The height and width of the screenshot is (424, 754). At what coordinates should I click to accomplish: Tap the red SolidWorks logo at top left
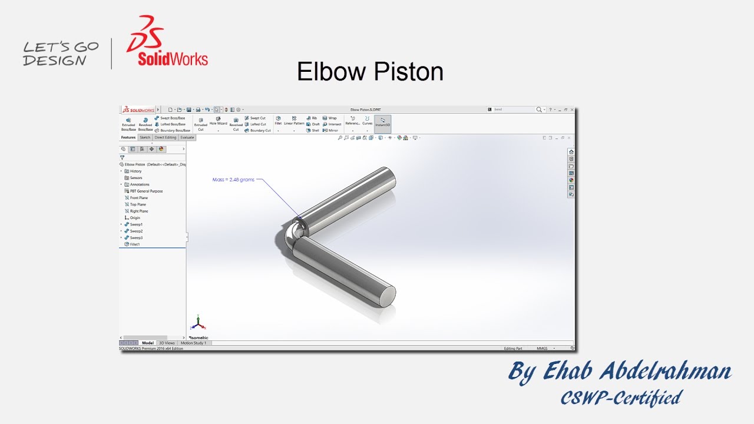click(167, 41)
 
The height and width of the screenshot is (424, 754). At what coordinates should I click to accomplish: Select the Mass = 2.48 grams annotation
click(233, 180)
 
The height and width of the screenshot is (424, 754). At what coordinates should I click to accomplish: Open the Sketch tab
click(145, 138)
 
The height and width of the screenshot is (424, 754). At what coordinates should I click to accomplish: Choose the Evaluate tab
click(187, 138)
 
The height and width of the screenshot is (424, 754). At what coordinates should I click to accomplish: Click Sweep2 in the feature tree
click(136, 231)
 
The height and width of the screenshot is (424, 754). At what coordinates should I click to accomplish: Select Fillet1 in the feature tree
click(135, 244)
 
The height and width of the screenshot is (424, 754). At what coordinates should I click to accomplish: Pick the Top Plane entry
click(138, 204)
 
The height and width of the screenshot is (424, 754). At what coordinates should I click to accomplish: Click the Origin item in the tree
click(135, 218)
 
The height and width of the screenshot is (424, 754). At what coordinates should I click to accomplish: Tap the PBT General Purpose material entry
click(146, 191)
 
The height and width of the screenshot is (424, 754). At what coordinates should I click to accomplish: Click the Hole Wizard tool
click(218, 121)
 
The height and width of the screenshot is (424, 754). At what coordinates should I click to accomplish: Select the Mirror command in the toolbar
click(333, 130)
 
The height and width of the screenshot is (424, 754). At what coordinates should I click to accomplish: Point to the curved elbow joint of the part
click(289, 236)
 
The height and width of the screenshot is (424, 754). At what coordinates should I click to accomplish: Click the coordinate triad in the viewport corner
click(198, 323)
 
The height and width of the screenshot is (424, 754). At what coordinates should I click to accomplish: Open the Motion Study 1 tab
click(193, 343)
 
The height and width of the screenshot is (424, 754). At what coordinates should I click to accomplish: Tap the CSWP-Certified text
click(621, 398)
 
